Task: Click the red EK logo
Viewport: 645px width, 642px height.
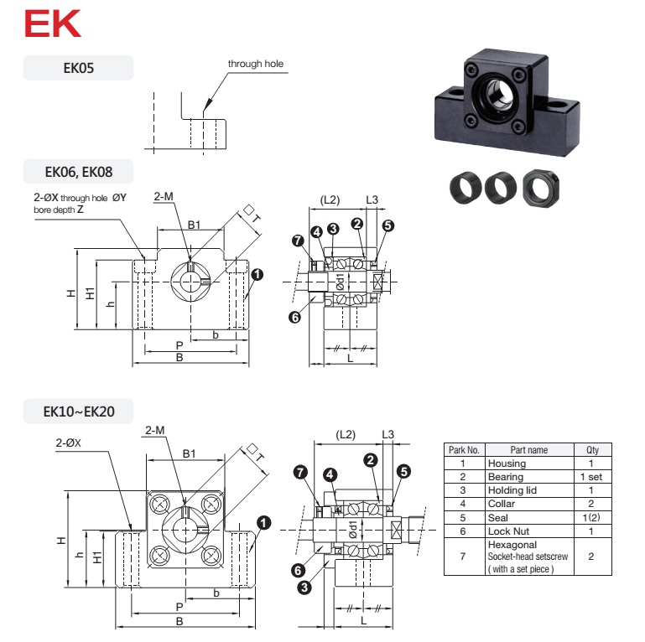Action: click(53, 23)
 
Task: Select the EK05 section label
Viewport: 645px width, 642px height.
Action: click(79, 68)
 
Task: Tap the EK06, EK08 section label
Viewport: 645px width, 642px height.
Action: click(79, 172)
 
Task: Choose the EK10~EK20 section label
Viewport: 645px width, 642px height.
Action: click(79, 412)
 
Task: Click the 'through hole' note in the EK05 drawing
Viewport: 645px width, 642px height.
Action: click(256, 64)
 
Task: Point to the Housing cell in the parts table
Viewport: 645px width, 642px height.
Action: click(507, 463)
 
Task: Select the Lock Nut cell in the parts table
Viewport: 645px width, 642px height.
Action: click(508, 531)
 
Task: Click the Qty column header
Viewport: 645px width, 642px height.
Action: click(592, 449)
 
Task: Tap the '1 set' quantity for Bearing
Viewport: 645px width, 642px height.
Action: click(591, 477)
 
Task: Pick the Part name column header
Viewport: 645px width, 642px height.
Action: click(529, 449)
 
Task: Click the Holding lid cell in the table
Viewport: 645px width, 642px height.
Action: click(512, 490)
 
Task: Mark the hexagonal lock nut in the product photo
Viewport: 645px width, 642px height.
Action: click(541, 189)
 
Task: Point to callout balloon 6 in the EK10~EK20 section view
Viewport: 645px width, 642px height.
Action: click(299, 570)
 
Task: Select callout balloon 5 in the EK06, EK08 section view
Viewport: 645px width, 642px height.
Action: click(388, 225)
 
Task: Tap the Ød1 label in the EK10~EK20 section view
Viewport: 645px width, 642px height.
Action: click(352, 530)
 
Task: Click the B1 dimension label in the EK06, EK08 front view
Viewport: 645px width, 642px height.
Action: click(194, 225)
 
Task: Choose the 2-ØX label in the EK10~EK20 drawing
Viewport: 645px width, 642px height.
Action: click(68, 443)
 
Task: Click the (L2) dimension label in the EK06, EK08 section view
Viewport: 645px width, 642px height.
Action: click(330, 199)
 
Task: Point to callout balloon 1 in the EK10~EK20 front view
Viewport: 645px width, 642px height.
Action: click(263, 523)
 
